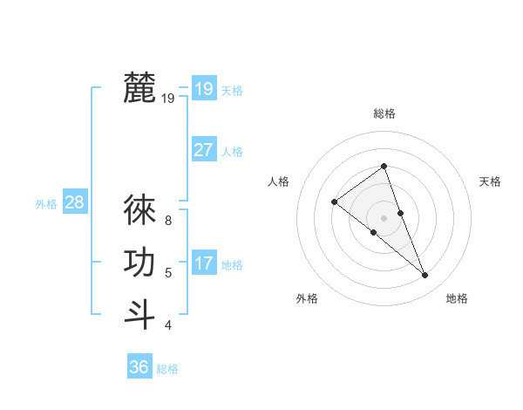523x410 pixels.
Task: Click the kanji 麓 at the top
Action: coord(139,88)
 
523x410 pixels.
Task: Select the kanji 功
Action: coord(139,263)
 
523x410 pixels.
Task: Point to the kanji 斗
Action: coord(139,314)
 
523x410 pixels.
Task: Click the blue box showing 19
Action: coord(204,88)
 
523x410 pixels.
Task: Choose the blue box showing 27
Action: coord(204,149)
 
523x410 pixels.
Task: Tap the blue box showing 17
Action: coord(204,263)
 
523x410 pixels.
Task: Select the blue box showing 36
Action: coord(139,367)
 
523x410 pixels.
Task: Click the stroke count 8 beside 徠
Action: coord(168,221)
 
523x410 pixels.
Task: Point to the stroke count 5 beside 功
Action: coord(168,273)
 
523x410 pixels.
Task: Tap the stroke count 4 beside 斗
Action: coord(168,325)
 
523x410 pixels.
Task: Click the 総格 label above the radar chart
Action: coord(384,113)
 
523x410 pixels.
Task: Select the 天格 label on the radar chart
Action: coord(491,181)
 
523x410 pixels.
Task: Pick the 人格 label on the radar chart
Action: coord(278,181)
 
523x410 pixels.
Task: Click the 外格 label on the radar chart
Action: coord(307,298)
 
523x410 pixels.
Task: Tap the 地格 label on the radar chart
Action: coord(457,298)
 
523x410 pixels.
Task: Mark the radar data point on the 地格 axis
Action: coord(425,276)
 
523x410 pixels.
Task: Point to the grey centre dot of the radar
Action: coord(384,217)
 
